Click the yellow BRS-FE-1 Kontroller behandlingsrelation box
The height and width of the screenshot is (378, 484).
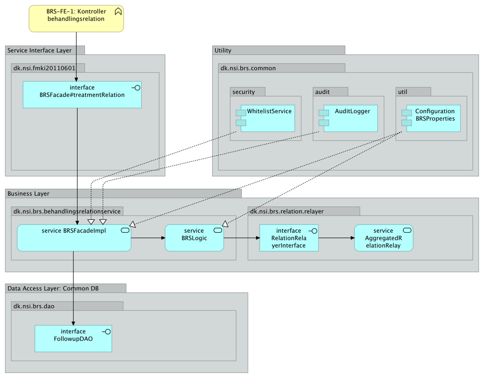tap(76, 18)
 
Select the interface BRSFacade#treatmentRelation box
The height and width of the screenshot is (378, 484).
tap(82, 94)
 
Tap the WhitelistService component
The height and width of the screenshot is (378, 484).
tap(265, 118)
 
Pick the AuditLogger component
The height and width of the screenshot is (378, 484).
tap(348, 118)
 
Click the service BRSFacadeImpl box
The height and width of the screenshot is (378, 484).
tap(74, 238)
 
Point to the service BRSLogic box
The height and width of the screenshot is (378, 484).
tap(194, 238)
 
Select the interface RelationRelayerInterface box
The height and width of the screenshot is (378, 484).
tap(289, 238)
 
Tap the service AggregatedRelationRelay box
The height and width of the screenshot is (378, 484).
tap(383, 238)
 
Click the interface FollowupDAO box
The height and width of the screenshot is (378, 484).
tap(73, 338)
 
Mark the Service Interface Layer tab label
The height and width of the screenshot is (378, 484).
tap(39, 50)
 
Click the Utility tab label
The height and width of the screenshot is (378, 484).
tap(223, 50)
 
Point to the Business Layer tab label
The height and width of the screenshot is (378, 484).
tap(28, 194)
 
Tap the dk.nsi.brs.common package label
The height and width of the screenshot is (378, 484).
tap(248, 68)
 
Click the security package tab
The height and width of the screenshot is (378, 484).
tap(244, 92)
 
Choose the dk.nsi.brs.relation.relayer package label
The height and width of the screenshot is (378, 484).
tap(287, 211)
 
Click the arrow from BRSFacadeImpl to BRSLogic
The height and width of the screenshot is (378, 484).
tap(148, 238)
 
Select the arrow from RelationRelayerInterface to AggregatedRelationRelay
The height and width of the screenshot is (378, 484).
tap(336, 238)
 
